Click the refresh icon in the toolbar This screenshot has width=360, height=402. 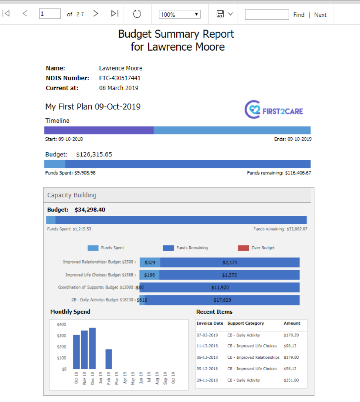[x=137, y=14]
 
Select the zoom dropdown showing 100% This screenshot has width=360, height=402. [x=180, y=14]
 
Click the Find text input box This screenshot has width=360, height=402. [x=266, y=14]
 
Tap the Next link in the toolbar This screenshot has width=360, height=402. [x=320, y=15]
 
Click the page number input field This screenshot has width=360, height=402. [x=50, y=14]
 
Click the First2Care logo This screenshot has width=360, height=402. [x=274, y=110]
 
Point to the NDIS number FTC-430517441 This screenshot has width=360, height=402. [x=120, y=78]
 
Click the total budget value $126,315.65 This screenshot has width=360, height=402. [x=94, y=154]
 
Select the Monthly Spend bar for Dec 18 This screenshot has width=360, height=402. [x=92, y=348]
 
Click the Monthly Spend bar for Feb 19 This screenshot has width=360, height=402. [x=109, y=359]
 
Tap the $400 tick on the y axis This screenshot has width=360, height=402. [x=61, y=325]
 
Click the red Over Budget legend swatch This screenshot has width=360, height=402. [x=243, y=248]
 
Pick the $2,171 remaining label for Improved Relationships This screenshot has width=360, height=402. [x=230, y=263]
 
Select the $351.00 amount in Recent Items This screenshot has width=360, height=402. [x=291, y=380]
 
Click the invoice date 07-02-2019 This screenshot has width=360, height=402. [x=207, y=335]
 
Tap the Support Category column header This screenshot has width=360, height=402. [x=245, y=323]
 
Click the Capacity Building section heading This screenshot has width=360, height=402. [x=72, y=195]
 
